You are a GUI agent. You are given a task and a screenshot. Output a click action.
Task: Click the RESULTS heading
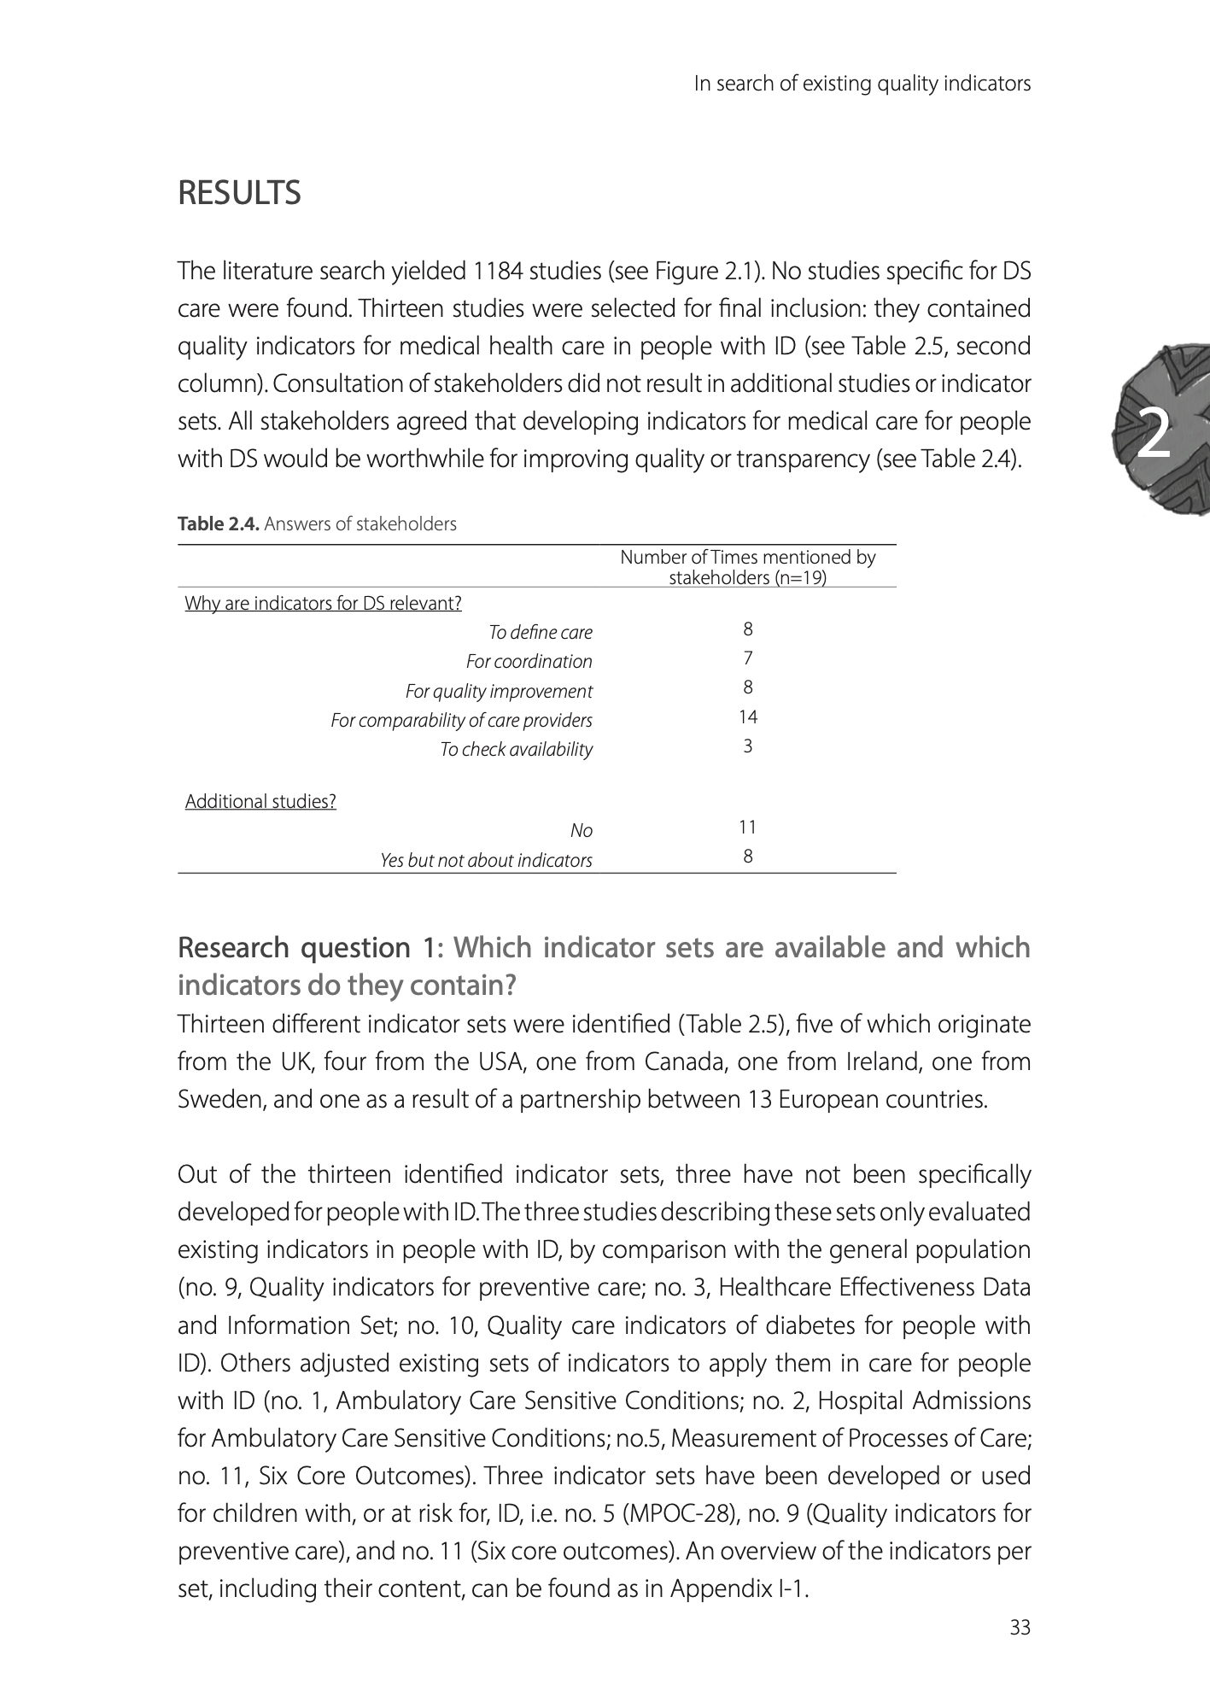click(239, 194)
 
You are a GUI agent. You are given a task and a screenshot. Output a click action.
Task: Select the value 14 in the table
click(748, 717)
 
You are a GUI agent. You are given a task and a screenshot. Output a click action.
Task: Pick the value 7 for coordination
click(748, 658)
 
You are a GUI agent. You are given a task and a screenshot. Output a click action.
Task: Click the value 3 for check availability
click(748, 746)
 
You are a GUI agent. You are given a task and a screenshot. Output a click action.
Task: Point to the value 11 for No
click(748, 827)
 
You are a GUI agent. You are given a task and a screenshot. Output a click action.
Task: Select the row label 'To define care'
click(540, 633)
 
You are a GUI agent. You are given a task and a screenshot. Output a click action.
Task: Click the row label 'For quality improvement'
click(499, 691)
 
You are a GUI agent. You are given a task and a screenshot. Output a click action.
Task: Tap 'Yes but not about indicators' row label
click(486, 860)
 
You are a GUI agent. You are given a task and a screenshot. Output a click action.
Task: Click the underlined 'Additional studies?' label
click(260, 802)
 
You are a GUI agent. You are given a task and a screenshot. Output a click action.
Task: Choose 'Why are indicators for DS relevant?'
click(323, 604)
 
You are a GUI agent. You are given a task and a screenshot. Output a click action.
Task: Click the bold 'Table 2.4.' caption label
click(219, 524)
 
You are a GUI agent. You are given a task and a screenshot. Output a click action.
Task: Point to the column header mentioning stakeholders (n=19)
click(747, 568)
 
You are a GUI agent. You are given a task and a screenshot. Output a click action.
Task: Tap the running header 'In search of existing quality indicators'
click(862, 84)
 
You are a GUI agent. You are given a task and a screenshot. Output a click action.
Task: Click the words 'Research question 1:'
click(311, 948)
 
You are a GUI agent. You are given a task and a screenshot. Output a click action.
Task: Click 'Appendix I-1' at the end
click(738, 1589)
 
